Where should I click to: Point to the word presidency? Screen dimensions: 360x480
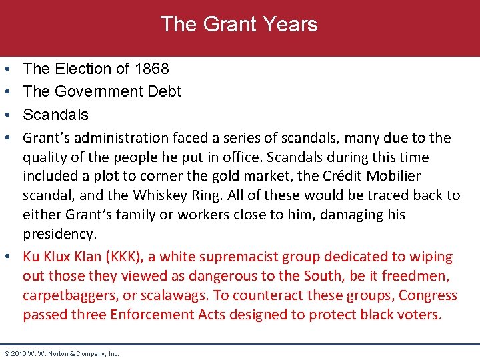[59, 235]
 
